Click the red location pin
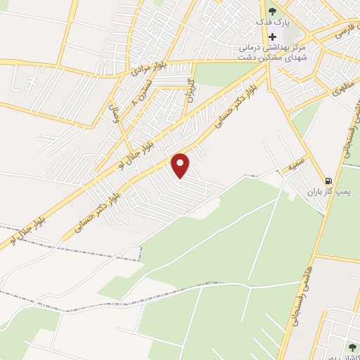(x=181, y=165)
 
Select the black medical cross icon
(x=273, y=36)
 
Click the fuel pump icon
(x=328, y=179)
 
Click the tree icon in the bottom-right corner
(x=352, y=347)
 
